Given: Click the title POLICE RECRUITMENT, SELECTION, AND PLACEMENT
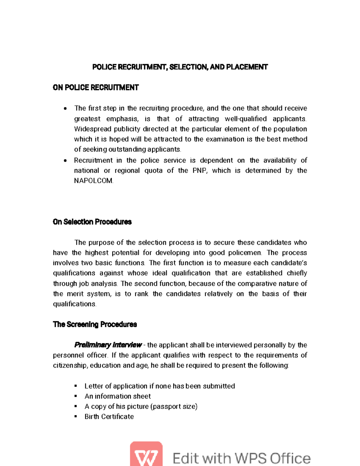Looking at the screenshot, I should pyautogui.click(x=180, y=67).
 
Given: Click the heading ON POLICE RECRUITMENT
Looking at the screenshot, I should pyautogui.click(x=95, y=88).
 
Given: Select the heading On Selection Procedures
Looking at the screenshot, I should pyautogui.click(x=92, y=222).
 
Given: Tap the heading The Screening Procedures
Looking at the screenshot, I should pyautogui.click(x=95, y=324).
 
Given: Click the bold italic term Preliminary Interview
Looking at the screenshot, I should pyautogui.click(x=108, y=345).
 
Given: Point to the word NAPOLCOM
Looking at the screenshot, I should pyautogui.click(x=93, y=181).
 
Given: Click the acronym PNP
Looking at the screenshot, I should pyautogui.click(x=199, y=170).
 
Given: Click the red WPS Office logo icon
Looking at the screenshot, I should pyautogui.click(x=146, y=454).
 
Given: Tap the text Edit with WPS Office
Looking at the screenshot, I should pyautogui.click(x=241, y=458).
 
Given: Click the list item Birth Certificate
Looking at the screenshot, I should pyautogui.click(x=109, y=416).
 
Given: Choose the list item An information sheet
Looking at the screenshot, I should pyautogui.click(x=118, y=396).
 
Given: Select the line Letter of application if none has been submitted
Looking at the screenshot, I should pyautogui.click(x=160, y=386).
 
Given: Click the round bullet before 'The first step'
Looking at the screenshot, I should pyautogui.click(x=65, y=109).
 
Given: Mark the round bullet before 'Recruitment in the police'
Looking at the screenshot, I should pyautogui.click(x=65, y=161).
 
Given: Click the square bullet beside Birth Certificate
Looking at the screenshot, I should pyautogui.click(x=76, y=416).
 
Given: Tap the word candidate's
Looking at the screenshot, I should pyautogui.click(x=289, y=263).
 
